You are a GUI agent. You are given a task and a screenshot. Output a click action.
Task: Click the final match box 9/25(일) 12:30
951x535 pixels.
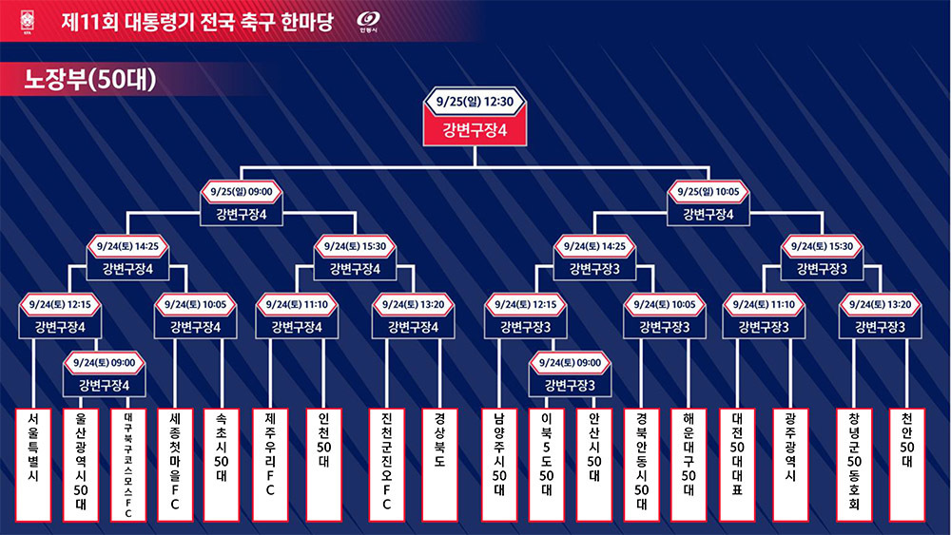(x=475, y=116)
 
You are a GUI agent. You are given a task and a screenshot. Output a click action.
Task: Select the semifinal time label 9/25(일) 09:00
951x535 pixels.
(x=242, y=192)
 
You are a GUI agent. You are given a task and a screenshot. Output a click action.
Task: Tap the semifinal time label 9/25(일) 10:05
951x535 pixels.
(x=708, y=192)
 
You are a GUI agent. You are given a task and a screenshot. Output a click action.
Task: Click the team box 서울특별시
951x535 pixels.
(x=33, y=465)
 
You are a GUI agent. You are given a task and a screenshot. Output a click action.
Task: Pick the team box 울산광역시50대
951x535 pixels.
(x=81, y=465)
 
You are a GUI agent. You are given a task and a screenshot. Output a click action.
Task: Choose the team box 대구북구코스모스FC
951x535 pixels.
(x=128, y=465)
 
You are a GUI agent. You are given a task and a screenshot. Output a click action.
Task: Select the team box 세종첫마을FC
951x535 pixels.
(x=175, y=465)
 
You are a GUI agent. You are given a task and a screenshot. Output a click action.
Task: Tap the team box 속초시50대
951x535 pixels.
(x=222, y=465)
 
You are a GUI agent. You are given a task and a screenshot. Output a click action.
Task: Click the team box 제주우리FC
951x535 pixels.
(x=270, y=465)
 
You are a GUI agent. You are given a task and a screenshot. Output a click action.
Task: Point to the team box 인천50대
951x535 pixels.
(x=324, y=465)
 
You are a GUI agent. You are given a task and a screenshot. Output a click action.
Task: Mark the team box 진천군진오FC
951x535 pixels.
(x=387, y=465)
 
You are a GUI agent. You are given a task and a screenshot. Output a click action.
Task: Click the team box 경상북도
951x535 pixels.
(x=439, y=465)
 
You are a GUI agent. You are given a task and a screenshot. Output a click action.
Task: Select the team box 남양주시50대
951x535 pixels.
(x=499, y=465)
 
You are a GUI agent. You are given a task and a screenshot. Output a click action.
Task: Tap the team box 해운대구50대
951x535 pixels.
(x=689, y=465)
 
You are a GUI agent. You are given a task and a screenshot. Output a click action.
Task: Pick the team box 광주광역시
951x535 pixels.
(x=790, y=465)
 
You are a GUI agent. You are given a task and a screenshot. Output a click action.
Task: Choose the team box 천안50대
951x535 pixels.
(x=906, y=465)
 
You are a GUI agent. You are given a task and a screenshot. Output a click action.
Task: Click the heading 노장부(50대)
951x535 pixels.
(x=89, y=80)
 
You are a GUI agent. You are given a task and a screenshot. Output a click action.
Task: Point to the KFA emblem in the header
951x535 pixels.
(x=28, y=21)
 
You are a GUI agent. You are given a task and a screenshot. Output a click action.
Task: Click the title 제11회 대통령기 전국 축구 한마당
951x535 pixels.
(x=198, y=22)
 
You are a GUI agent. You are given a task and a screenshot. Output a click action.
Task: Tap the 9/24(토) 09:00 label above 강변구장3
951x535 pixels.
(x=570, y=363)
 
